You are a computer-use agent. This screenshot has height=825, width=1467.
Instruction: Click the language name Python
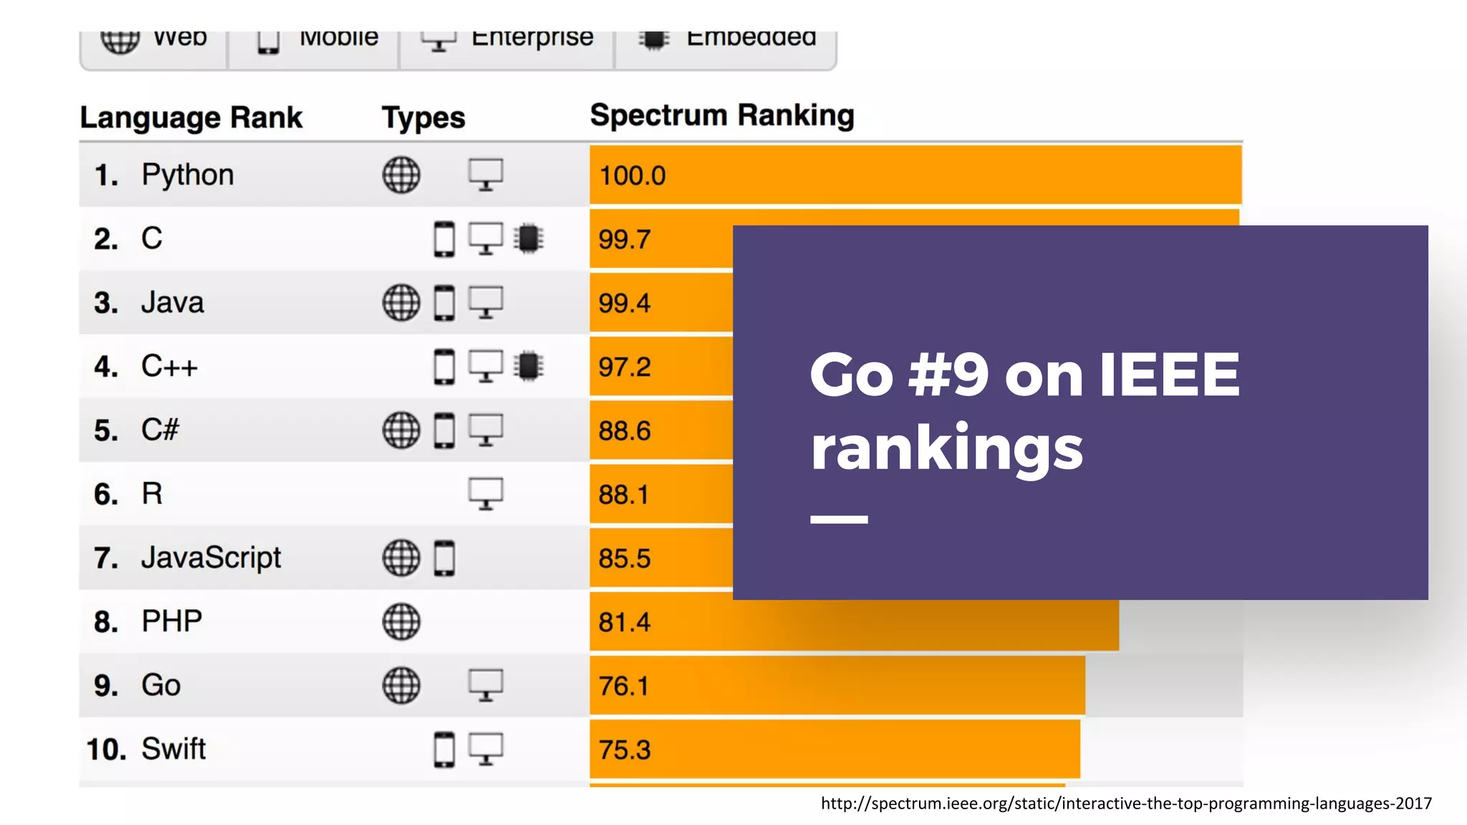click(x=188, y=175)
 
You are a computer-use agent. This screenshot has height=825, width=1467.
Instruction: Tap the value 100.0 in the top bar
click(x=633, y=176)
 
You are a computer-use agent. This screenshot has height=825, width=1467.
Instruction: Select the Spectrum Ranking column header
click(x=722, y=115)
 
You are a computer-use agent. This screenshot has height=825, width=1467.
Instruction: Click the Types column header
click(x=423, y=117)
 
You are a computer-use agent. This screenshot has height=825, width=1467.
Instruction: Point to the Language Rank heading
click(x=191, y=117)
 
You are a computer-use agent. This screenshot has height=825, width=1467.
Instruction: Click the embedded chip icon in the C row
click(x=529, y=239)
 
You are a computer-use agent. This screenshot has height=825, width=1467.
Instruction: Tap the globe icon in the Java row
click(x=401, y=303)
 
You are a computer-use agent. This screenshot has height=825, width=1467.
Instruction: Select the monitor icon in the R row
click(x=486, y=494)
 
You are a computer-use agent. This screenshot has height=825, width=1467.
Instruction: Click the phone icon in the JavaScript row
click(x=444, y=559)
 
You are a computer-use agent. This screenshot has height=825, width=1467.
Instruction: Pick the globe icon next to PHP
click(x=401, y=622)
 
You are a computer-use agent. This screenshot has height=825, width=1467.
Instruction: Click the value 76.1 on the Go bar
click(x=624, y=686)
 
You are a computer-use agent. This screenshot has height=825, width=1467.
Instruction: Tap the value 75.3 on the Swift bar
click(x=625, y=750)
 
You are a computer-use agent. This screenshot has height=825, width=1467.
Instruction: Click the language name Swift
click(x=173, y=749)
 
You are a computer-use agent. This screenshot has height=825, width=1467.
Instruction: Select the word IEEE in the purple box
click(x=1169, y=375)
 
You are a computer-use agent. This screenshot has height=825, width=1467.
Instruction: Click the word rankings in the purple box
click(x=946, y=448)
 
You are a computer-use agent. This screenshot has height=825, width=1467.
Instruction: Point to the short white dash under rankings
click(x=839, y=519)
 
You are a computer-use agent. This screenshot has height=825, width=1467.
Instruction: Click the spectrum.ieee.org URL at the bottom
click(x=1126, y=804)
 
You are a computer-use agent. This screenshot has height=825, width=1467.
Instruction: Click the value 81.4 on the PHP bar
click(x=625, y=622)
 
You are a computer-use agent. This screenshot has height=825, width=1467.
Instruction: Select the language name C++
click(x=169, y=367)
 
